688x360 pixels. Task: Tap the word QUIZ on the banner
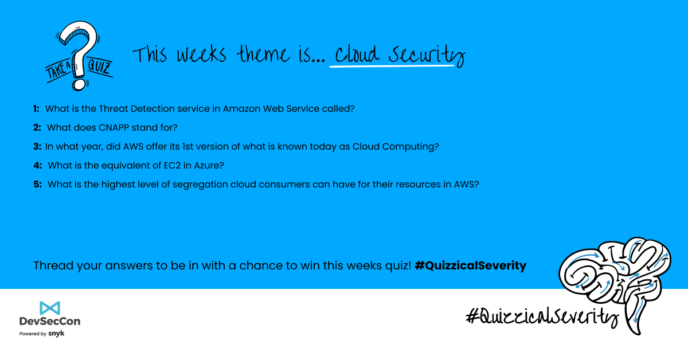pyautogui.click(x=99, y=66)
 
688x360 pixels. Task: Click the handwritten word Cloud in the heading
pyautogui.click(x=357, y=54)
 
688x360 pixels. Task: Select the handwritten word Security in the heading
pyautogui.click(x=427, y=55)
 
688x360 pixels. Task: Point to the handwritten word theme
pyautogui.click(x=263, y=54)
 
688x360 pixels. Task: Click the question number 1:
pyautogui.click(x=36, y=109)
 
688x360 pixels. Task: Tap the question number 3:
pyautogui.click(x=37, y=147)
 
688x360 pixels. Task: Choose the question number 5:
pyautogui.click(x=37, y=185)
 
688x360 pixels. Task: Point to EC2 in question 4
pyautogui.click(x=172, y=166)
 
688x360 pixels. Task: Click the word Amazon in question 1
pyautogui.click(x=242, y=109)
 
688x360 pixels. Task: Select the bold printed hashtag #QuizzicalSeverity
pyautogui.click(x=470, y=265)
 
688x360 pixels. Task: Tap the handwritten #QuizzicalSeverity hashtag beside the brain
pyautogui.click(x=542, y=316)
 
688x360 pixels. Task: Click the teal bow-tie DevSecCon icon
pyautogui.click(x=50, y=308)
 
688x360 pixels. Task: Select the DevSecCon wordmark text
pyautogui.click(x=50, y=321)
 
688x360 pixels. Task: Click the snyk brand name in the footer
pyautogui.click(x=56, y=334)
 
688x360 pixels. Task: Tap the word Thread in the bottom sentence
pyautogui.click(x=53, y=265)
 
